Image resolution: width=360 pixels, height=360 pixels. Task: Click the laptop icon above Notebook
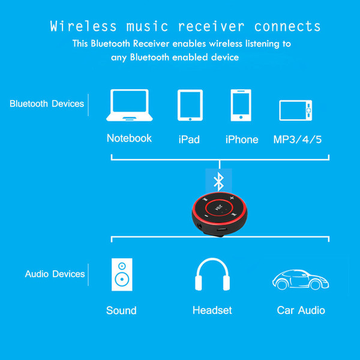point(129,105)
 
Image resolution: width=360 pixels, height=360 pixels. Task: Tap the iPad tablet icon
point(190,105)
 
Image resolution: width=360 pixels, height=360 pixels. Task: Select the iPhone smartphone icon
point(241,105)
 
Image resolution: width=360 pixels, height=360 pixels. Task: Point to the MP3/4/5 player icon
point(295,110)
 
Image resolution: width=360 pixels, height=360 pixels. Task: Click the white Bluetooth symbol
point(219,182)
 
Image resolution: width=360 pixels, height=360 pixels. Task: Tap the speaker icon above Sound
point(122,275)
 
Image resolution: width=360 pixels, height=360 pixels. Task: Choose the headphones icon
point(212,274)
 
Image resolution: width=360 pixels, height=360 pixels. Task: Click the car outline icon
point(301,280)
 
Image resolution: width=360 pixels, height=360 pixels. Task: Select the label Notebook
point(129,138)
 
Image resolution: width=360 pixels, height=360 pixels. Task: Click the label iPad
point(189,139)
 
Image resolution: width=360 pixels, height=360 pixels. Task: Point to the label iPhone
point(242,139)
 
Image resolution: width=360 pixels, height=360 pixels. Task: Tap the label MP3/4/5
point(298,139)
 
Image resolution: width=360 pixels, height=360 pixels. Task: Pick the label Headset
point(212,310)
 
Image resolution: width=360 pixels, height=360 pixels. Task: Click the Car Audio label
point(301,310)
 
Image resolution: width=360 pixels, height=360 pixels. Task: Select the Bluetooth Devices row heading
point(47,104)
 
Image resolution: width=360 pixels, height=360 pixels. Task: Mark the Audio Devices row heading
point(55,274)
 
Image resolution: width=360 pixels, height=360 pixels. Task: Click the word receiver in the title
point(211,26)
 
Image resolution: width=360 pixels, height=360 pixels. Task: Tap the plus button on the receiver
point(232,197)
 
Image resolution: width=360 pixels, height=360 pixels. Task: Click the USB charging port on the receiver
point(222,229)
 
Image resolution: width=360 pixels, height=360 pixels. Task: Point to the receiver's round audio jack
point(200,226)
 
